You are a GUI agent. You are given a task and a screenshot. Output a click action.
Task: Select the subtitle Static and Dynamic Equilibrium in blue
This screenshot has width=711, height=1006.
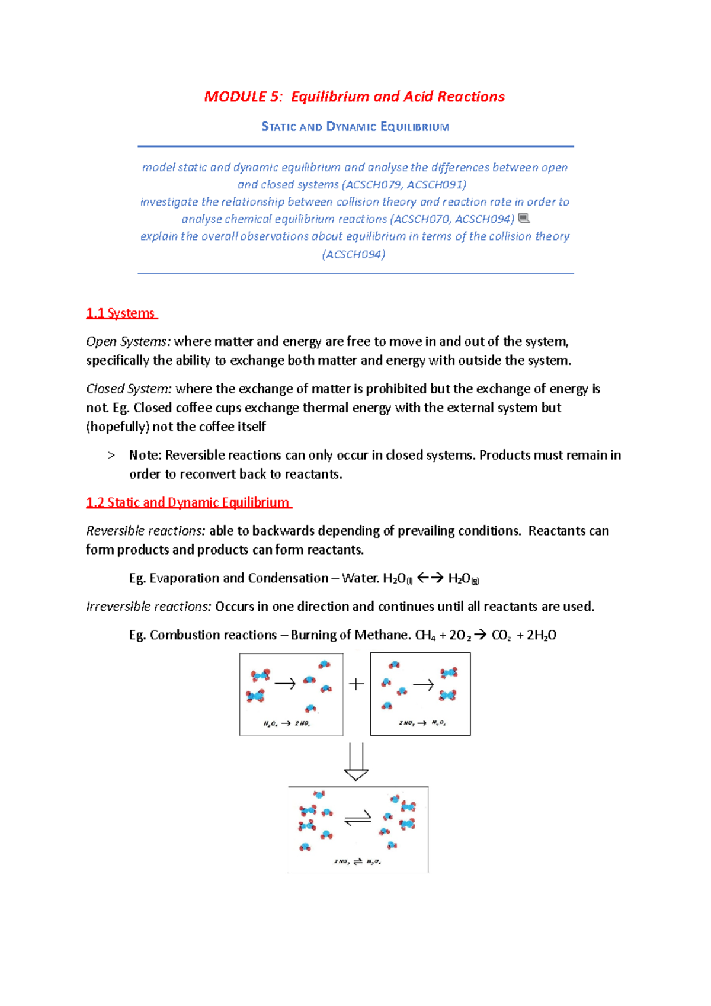point(355,127)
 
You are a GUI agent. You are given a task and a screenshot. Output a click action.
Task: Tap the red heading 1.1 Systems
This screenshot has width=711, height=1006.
point(121,313)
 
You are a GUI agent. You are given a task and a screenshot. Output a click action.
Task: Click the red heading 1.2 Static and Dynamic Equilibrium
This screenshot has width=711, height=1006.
point(188,502)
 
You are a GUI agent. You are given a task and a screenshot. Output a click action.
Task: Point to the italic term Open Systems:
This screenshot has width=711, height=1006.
point(129,342)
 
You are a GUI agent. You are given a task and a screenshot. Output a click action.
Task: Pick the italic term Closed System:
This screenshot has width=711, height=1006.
point(129,389)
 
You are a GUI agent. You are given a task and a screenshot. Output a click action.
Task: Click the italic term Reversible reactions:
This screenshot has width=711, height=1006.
point(146,531)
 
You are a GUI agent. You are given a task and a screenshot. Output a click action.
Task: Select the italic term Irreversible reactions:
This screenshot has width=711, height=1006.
point(149,607)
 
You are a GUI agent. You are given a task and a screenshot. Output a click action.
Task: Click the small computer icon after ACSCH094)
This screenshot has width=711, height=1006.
point(523,219)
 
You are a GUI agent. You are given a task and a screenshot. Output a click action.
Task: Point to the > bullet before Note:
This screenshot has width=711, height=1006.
point(111,456)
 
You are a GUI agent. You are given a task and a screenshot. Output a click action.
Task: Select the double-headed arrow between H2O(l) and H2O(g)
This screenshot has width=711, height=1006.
point(430,578)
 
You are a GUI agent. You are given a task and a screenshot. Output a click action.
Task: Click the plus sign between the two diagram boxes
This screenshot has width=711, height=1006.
point(356,684)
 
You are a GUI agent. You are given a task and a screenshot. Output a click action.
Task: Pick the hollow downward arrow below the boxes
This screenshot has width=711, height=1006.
point(356,762)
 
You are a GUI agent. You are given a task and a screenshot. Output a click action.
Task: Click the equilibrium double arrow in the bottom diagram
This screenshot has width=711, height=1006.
point(357,818)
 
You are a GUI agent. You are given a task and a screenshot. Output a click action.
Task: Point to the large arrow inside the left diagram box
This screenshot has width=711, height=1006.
point(285,684)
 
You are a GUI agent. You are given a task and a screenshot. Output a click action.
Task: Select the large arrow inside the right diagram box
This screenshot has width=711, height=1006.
point(423,685)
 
